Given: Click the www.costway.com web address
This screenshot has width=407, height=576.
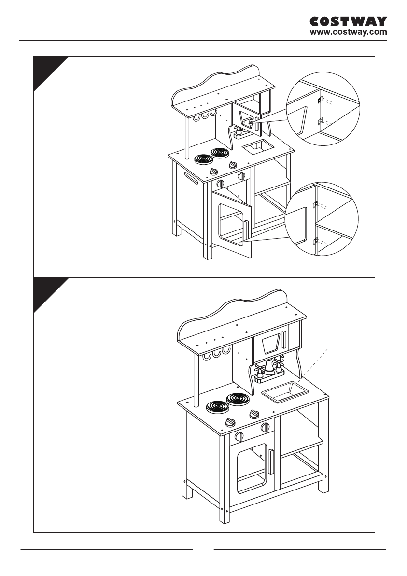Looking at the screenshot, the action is pos(348,32).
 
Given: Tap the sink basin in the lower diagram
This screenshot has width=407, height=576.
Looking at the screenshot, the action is pos(285,391).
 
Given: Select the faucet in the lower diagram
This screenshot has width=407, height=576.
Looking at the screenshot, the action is pos(269,370).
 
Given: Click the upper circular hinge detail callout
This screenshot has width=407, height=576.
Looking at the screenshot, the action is pos(323,109).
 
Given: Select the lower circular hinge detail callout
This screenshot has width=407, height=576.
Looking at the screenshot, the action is pos(322,220).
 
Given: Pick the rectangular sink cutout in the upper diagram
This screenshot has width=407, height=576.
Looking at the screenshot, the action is pos(258,148).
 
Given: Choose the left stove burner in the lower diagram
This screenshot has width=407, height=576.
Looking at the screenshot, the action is pos(216,407).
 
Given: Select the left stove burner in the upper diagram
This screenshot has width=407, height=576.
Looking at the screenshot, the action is pos(203,160).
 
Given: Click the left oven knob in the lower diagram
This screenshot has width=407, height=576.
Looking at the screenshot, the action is pos(239,436).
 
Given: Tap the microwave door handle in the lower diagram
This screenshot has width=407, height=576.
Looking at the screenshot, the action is pos(284,340).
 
